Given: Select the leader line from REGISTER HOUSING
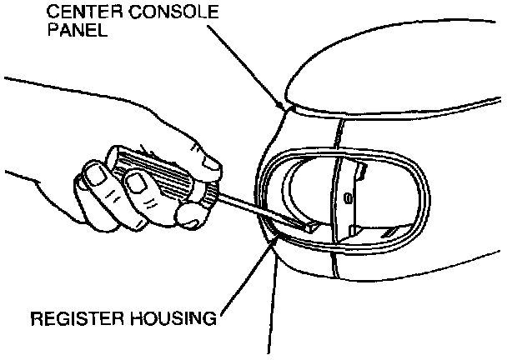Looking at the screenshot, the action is (251, 274).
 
